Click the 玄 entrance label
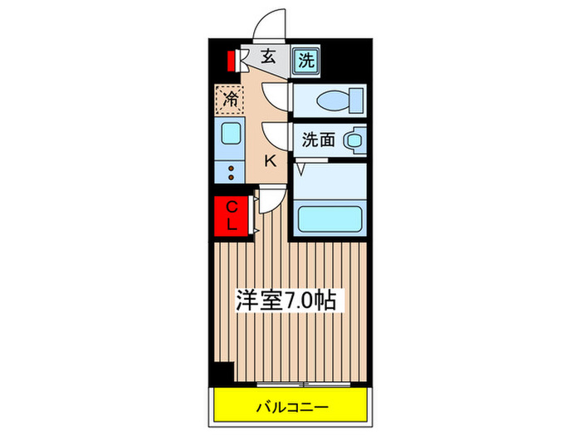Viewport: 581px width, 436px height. (268, 58)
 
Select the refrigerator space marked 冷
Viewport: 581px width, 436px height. (230, 100)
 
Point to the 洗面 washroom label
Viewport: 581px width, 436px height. (318, 140)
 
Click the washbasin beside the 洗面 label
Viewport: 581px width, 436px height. (354, 140)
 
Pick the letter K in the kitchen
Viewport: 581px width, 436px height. (271, 161)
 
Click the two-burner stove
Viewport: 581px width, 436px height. (230, 172)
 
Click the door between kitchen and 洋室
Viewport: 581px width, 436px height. (271, 200)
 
